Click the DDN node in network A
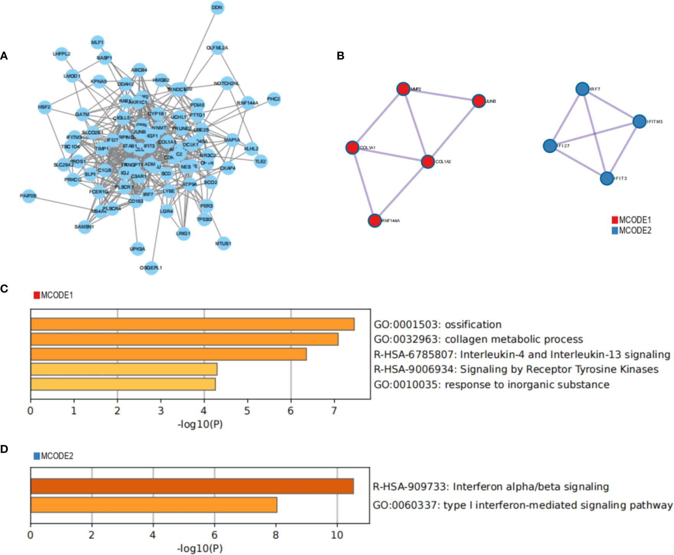click(x=217, y=8)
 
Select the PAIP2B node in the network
click(x=29, y=196)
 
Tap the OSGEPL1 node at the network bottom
click(x=151, y=268)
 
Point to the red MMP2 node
click(x=403, y=89)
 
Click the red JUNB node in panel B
click(x=479, y=101)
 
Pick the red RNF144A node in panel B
click(x=375, y=220)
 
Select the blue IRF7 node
click(x=582, y=89)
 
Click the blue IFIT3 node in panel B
click(x=607, y=178)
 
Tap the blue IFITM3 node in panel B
click(x=639, y=121)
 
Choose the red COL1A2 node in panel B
click(x=427, y=162)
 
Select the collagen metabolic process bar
click(x=184, y=339)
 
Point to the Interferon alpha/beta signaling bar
click(x=192, y=486)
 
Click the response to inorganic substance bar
click(x=123, y=384)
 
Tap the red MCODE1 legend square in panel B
click(x=615, y=220)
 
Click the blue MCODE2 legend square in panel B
click(x=615, y=231)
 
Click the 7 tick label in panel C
click(x=334, y=411)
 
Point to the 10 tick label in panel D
click(x=337, y=535)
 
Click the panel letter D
click(x=4, y=449)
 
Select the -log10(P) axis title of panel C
click(x=200, y=424)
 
